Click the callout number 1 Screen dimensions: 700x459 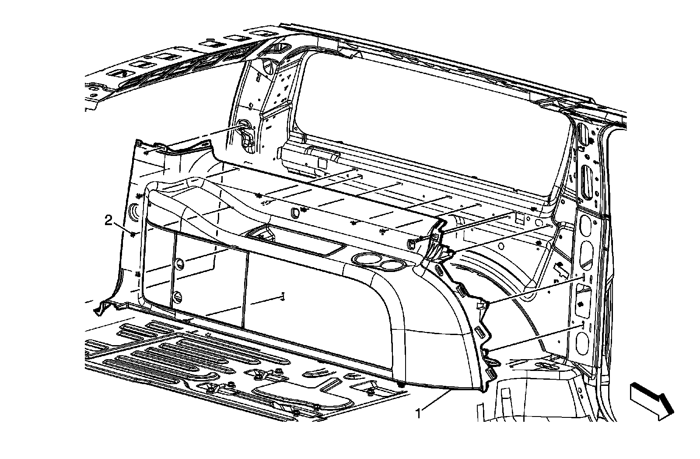(419, 413)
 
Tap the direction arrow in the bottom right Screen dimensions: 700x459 (651, 398)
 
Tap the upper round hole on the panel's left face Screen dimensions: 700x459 (179, 263)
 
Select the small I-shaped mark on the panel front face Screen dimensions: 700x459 (283, 297)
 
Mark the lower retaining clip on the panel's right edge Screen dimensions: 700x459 (487, 350)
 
